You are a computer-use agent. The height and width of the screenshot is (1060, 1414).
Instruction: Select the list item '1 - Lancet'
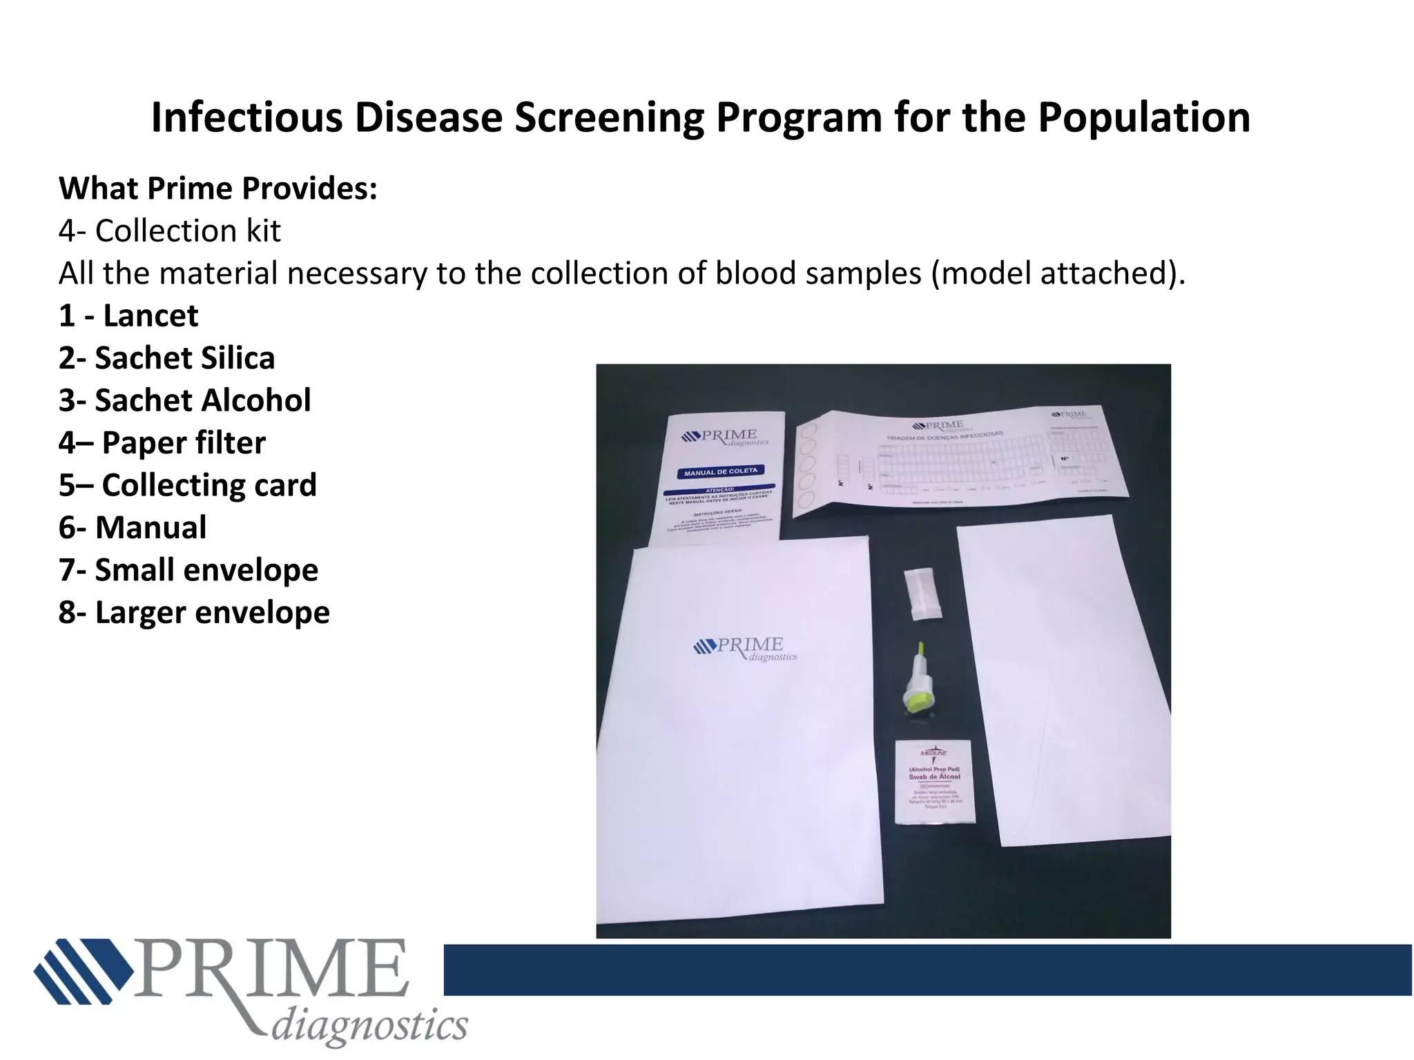click(x=128, y=316)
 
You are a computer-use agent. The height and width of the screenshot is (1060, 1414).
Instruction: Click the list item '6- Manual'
click(x=133, y=528)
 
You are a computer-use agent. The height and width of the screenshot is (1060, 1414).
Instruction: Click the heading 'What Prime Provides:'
click(x=218, y=189)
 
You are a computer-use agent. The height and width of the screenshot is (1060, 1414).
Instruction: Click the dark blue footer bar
click(x=925, y=970)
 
